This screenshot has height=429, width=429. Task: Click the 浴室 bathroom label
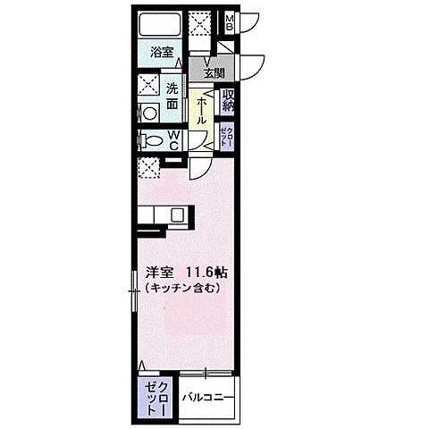pyautogui.click(x=162, y=53)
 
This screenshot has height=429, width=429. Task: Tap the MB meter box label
pyautogui.click(x=229, y=21)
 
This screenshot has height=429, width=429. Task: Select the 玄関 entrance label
pyautogui.click(x=214, y=73)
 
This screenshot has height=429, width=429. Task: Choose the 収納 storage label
pyautogui.click(x=228, y=100)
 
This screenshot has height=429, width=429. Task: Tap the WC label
pyautogui.click(x=175, y=140)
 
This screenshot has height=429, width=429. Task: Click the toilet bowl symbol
pyautogui.click(x=152, y=141)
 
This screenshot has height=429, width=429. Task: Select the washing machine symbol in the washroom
pyautogui.click(x=149, y=112)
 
